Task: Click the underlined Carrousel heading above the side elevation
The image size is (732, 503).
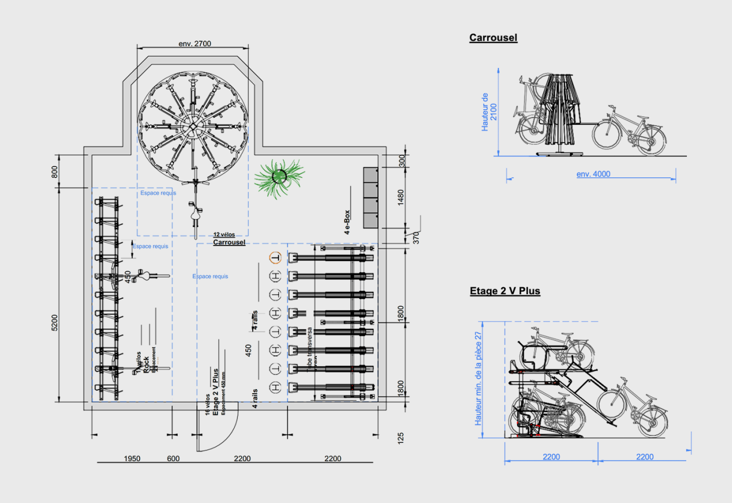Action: (493, 38)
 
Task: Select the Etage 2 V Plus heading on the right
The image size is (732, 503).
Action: (504, 291)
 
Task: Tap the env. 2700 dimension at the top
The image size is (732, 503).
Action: (196, 43)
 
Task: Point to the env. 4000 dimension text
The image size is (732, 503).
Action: (593, 174)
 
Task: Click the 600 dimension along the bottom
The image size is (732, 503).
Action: (173, 458)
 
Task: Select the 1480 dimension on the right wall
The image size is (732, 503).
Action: (401, 197)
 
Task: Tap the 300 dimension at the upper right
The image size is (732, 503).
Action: (401, 161)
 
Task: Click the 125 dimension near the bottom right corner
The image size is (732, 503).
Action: (401, 438)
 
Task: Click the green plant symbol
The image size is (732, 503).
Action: (280, 177)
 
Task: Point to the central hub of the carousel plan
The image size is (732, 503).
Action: (193, 125)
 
